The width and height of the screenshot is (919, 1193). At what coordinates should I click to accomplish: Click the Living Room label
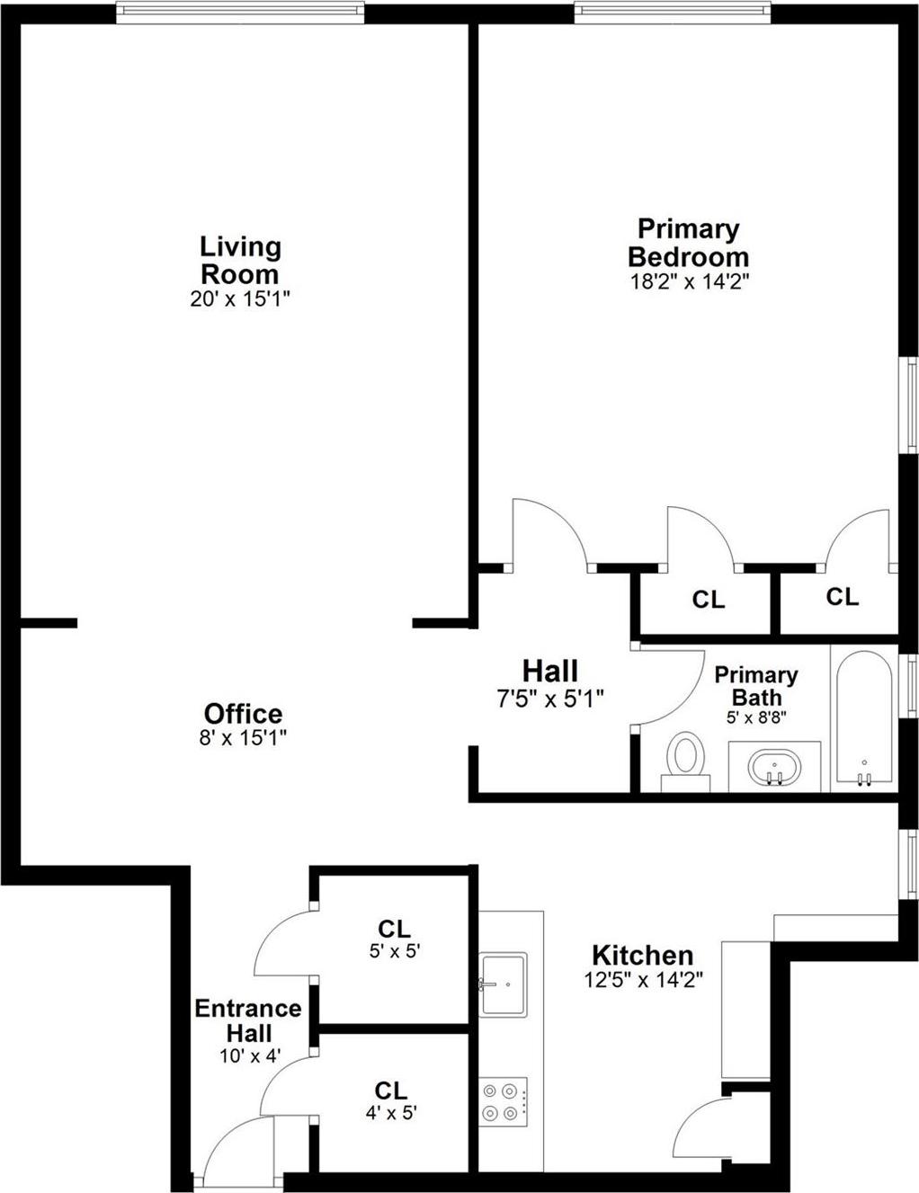tap(240, 260)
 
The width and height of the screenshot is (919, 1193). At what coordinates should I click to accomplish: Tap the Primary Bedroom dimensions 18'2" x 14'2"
tap(690, 281)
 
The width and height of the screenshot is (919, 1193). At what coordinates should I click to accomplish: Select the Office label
tap(243, 714)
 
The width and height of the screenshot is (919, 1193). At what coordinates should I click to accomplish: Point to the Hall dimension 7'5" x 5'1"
tap(549, 697)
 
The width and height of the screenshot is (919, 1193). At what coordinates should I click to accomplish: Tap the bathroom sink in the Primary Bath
tap(774, 768)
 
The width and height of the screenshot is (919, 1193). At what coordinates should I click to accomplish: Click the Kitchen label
tap(642, 955)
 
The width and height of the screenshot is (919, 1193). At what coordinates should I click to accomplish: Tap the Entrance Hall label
tap(249, 1020)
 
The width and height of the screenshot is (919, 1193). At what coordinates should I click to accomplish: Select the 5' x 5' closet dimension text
tap(395, 951)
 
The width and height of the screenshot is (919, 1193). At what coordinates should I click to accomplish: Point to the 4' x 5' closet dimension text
tap(390, 1113)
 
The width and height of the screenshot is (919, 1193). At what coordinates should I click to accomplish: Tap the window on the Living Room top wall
tap(240, 12)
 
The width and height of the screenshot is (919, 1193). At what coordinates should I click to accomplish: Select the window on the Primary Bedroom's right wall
tap(910, 405)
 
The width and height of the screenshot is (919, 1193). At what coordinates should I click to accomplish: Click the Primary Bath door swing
tap(670, 683)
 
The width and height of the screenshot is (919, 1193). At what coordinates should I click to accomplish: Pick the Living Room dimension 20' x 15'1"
tap(240, 299)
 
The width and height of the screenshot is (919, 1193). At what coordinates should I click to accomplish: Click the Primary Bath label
tap(755, 686)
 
